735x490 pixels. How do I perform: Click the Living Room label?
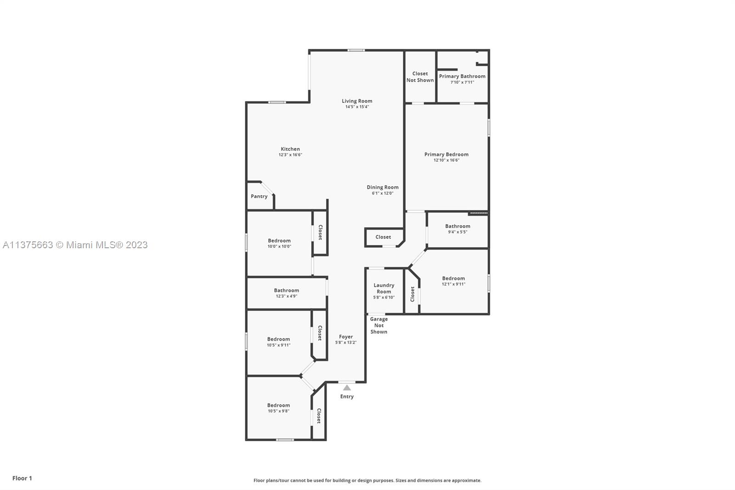coord(357,101)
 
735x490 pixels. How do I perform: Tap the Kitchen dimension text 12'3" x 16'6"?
coord(290,155)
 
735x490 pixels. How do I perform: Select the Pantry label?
coord(259,196)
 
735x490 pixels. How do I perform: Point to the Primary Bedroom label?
coord(446,154)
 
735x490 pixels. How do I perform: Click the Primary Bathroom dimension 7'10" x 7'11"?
coord(462,82)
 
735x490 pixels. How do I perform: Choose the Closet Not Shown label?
coord(420,77)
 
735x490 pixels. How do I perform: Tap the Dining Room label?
coord(383,187)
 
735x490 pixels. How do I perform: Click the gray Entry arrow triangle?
coord(347,388)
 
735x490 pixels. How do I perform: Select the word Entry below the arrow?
coord(347,396)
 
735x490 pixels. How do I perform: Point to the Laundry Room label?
coord(384,288)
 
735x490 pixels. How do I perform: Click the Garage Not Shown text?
coord(379,325)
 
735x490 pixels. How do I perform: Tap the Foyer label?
coord(346,336)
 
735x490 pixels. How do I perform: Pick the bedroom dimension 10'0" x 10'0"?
coord(279,246)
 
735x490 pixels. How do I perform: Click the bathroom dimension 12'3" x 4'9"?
coord(287,296)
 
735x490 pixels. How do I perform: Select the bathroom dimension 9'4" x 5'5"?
coord(458,232)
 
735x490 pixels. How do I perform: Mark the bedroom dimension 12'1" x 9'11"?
coord(453,284)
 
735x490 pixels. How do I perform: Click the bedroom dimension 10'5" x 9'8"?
coord(278,411)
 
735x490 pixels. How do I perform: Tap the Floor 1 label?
coord(23,478)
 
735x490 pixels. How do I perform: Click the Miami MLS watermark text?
coord(75,245)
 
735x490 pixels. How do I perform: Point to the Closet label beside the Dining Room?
coord(383,237)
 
